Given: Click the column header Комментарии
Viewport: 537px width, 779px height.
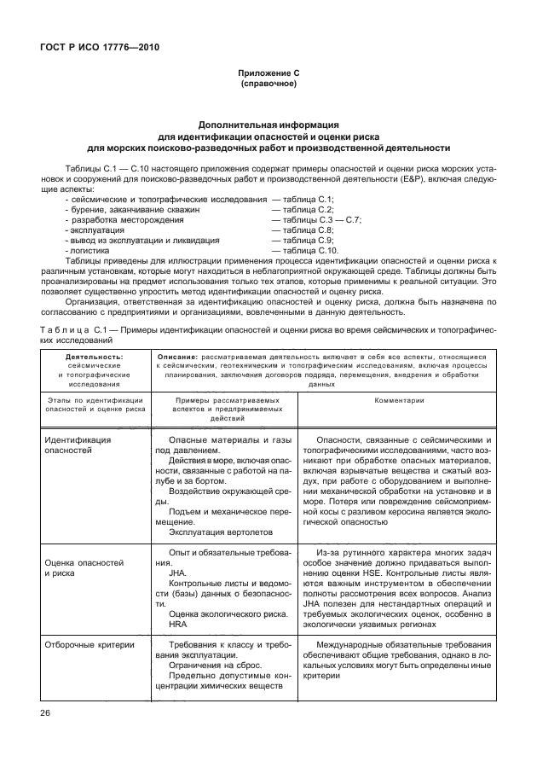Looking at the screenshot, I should coord(399,400).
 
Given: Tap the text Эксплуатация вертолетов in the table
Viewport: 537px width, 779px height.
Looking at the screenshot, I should coord(218,532).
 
